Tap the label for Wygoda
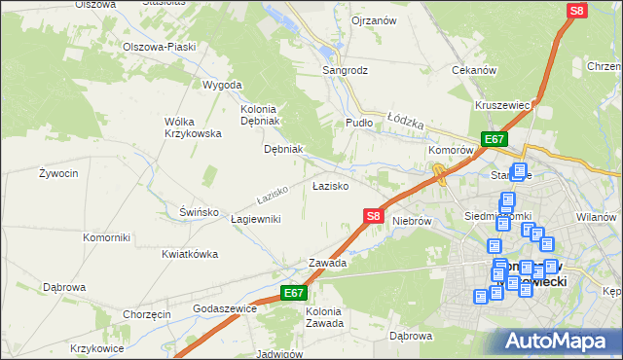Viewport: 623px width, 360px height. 222,85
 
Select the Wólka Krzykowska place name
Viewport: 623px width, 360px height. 193,127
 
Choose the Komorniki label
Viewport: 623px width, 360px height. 107,237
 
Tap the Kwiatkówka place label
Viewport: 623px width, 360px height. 189,254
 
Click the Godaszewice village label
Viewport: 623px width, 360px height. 225,307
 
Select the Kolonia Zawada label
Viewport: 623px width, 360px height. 324,317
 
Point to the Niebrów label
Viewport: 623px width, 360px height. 412,221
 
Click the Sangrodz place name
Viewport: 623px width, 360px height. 346,71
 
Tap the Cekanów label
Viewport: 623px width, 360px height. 475,71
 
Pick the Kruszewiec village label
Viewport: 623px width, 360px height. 502,105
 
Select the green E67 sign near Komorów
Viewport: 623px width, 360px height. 495,139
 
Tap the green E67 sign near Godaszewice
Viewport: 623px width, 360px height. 295,292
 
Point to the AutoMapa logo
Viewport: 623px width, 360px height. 561,341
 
